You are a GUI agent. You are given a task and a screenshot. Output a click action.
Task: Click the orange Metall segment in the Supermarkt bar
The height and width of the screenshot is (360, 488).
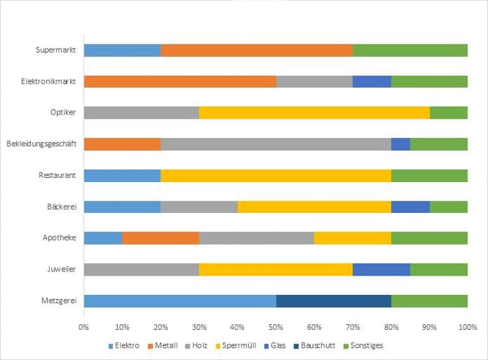pos(257,50)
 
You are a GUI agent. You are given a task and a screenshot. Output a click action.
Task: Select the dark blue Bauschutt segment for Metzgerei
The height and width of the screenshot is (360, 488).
pos(333,301)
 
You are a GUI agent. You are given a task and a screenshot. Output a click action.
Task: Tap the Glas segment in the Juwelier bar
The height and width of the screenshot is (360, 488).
pos(381,270)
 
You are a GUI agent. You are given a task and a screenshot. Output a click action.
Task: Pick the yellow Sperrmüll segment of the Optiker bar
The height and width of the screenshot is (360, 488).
pos(314,112)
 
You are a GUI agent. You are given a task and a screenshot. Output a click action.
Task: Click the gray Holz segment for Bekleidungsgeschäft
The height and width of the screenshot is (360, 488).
pos(276,145)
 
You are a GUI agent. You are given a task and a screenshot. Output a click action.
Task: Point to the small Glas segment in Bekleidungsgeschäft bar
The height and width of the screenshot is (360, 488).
pos(401,145)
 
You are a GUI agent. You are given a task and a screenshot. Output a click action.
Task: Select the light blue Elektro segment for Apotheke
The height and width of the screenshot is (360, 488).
pos(103,238)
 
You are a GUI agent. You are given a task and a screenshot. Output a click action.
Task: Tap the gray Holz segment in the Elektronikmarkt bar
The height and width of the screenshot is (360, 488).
pos(314,81)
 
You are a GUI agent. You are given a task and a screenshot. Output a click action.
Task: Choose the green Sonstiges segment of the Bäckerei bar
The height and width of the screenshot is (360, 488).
pos(449,207)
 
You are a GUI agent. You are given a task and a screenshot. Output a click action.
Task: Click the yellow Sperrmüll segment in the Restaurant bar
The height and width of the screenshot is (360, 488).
pos(276,176)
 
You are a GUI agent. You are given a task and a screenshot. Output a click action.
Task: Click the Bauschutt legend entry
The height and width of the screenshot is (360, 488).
pos(314,345)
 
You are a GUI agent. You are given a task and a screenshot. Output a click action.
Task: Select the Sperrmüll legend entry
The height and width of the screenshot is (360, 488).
pos(236,345)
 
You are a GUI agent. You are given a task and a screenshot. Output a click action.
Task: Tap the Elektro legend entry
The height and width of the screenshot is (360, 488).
pos(124,345)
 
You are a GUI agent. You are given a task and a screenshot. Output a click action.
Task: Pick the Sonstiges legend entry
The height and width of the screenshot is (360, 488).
pos(363,345)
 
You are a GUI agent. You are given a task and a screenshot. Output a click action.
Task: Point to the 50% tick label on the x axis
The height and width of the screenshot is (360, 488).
pos(276,327)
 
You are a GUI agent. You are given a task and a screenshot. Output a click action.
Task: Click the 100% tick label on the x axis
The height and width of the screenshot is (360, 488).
pos(468,327)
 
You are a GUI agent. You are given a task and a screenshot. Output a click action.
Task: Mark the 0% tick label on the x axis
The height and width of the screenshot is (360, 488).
pos(84,327)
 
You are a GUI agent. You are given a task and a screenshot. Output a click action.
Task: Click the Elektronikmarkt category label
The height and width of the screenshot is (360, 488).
pos(48,81)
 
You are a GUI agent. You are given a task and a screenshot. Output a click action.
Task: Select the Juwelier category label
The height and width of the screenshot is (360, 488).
pos(62,269)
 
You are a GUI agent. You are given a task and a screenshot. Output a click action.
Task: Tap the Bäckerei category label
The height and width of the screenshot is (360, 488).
pos(62,206)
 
